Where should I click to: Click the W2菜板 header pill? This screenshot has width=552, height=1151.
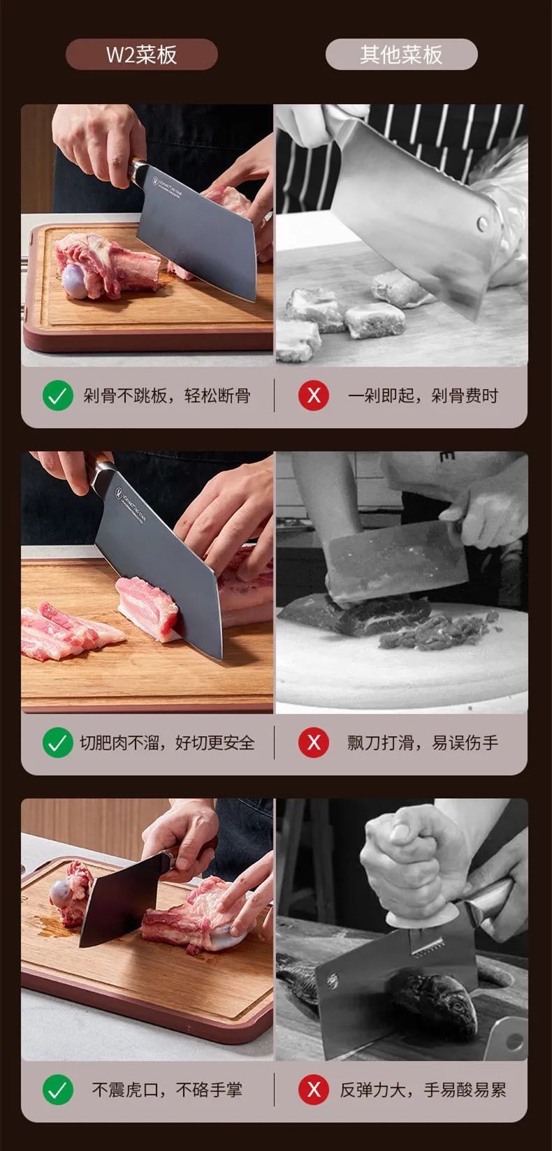click(x=141, y=54)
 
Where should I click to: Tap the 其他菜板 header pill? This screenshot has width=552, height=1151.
click(x=401, y=54)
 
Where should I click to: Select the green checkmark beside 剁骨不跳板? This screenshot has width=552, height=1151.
click(x=58, y=396)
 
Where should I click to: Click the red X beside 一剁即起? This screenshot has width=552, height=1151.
click(x=314, y=396)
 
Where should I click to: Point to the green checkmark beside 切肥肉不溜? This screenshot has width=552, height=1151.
click(x=58, y=742)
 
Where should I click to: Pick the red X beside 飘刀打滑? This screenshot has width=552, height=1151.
click(x=314, y=742)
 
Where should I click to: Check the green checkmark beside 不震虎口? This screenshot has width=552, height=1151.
click(x=58, y=1090)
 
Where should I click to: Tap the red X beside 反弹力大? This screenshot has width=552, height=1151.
click(x=314, y=1090)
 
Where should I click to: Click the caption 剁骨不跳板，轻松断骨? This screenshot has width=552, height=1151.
click(x=167, y=396)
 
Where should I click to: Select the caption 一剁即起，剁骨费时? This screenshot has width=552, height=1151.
click(x=423, y=396)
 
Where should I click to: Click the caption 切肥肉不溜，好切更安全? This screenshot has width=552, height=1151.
click(x=167, y=742)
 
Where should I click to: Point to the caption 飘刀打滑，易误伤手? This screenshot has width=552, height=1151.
click(x=423, y=742)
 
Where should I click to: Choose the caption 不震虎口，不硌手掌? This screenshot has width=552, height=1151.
click(x=167, y=1090)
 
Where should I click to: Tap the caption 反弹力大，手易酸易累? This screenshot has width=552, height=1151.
click(x=423, y=1090)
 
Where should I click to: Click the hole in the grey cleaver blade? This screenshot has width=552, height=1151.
click(x=482, y=223)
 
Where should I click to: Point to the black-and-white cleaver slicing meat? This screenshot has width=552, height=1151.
click(x=395, y=562)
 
